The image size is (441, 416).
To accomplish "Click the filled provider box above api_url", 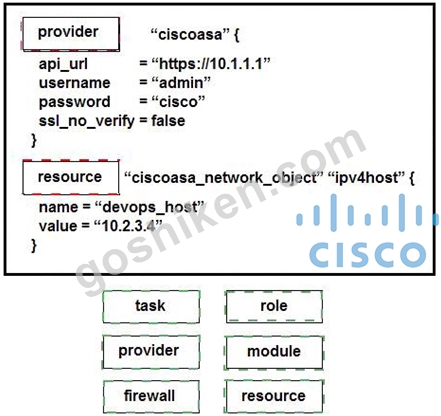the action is click(x=71, y=34).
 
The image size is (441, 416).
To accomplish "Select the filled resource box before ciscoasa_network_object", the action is click(x=71, y=177).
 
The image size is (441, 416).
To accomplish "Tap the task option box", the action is click(x=151, y=306).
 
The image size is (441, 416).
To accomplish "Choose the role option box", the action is click(x=274, y=306).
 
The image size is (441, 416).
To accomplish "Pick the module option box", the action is click(x=274, y=352).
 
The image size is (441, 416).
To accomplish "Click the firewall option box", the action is click(x=151, y=396).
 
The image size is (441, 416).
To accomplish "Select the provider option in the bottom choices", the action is click(x=151, y=352).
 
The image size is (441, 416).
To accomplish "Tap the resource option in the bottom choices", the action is click(x=274, y=396).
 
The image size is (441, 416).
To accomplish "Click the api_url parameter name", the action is click(x=63, y=64).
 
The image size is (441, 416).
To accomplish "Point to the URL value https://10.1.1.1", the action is click(x=211, y=64).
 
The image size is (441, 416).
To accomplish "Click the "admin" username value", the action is click(x=181, y=83).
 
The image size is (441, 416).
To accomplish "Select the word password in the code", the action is click(x=74, y=102).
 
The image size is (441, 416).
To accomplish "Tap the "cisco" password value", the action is click(x=178, y=102).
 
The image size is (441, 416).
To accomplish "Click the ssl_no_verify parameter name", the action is click(x=87, y=121).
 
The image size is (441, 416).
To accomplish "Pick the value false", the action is click(x=168, y=121).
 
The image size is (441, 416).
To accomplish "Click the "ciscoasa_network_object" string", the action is click(x=224, y=178).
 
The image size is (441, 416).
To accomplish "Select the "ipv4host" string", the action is click(x=367, y=178).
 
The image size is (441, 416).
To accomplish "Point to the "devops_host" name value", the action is click(x=149, y=207).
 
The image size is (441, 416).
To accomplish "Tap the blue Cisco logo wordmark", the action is click(x=368, y=254).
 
